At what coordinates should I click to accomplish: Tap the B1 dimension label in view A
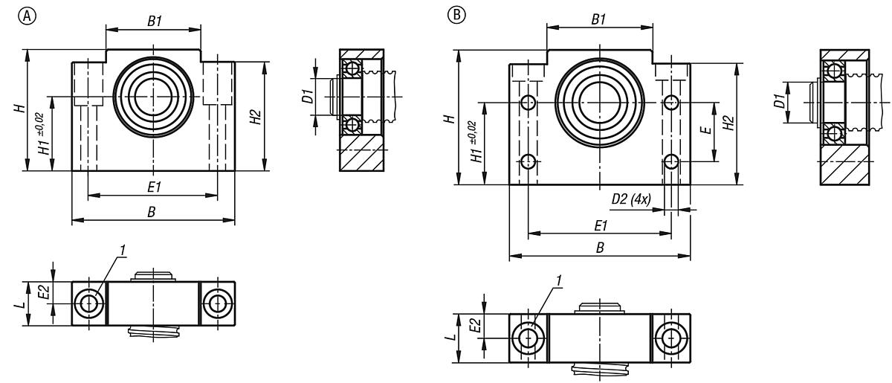click(x=155, y=21)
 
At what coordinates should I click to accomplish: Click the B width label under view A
click(x=152, y=213)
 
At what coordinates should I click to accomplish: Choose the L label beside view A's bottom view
click(x=27, y=303)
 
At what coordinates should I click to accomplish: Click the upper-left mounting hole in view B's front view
click(x=529, y=102)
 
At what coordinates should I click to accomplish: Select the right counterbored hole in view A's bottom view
click(x=217, y=303)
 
